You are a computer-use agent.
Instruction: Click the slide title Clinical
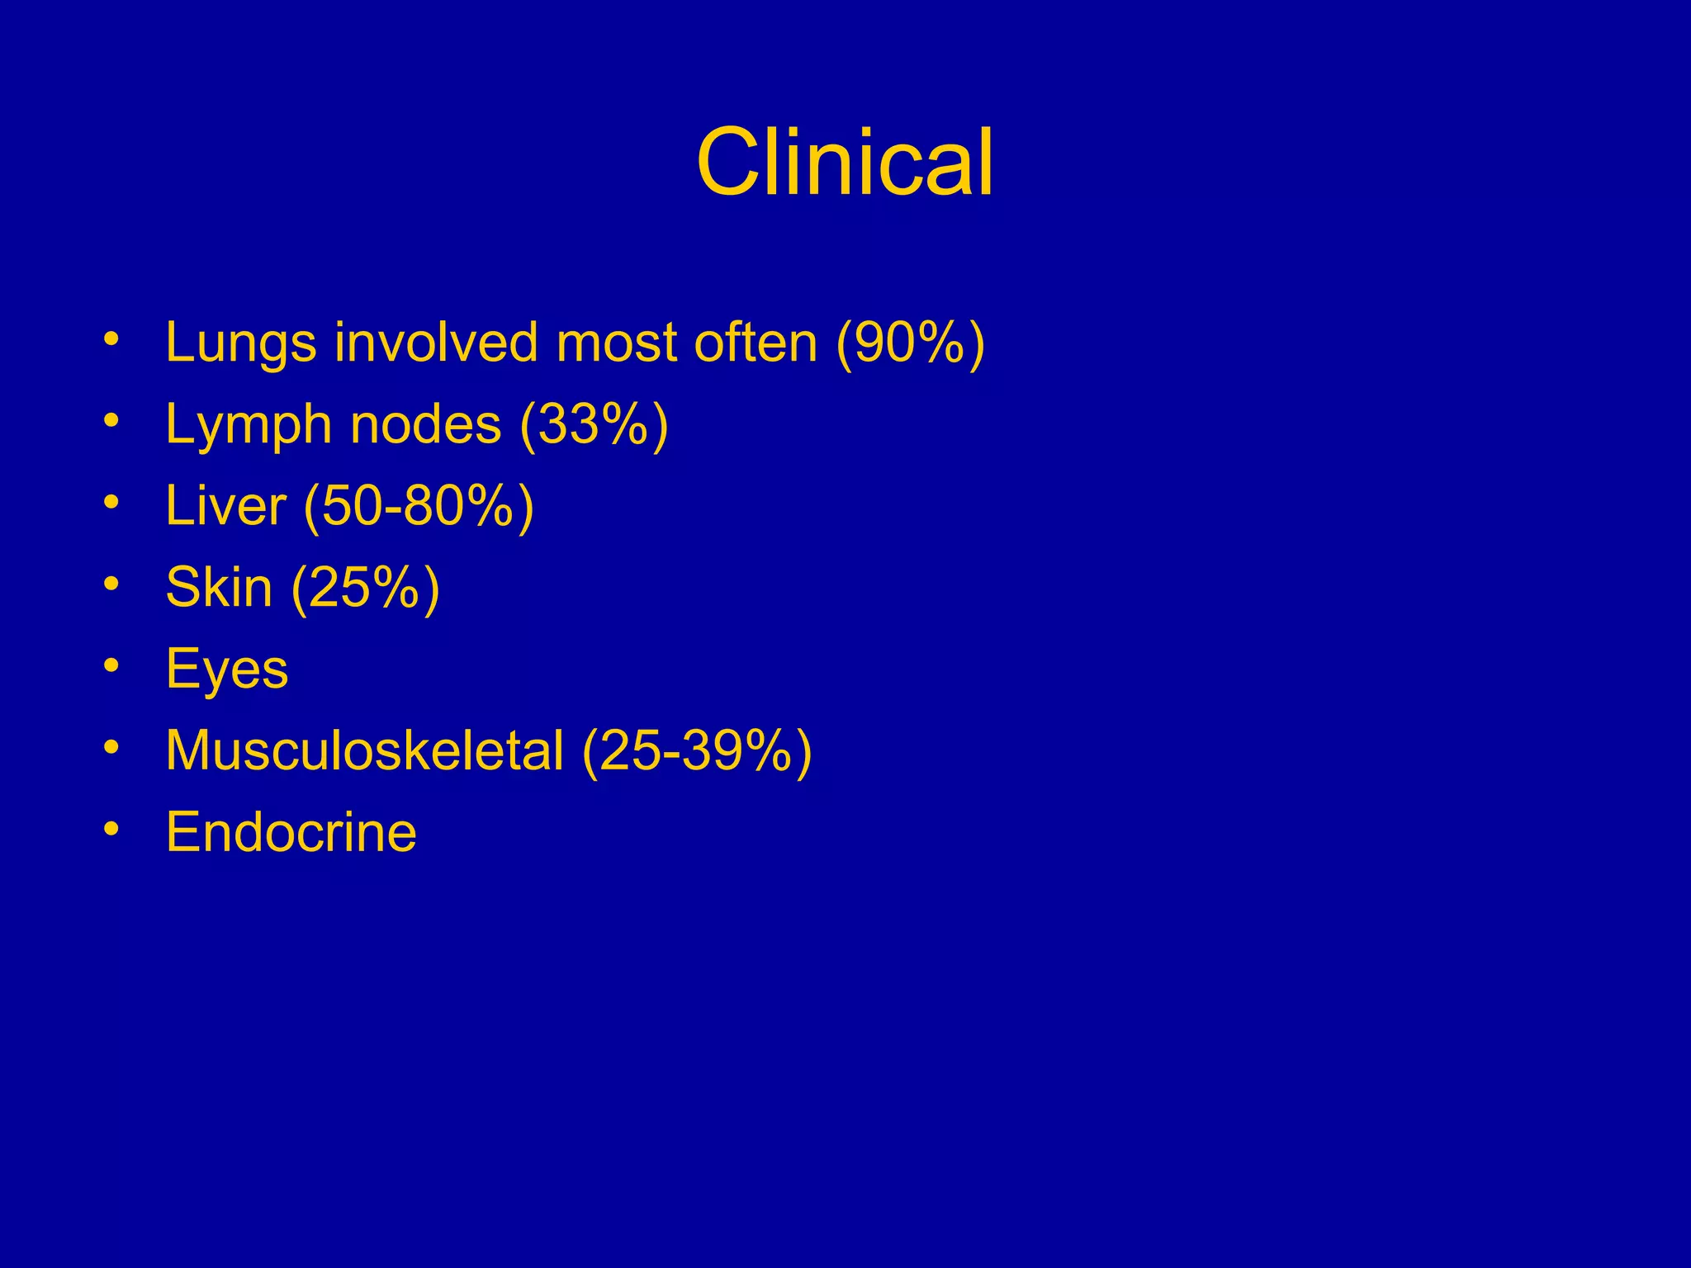click(845, 163)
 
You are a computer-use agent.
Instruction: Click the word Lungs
click(240, 343)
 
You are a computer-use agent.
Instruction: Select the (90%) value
click(910, 343)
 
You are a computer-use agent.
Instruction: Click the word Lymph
click(249, 424)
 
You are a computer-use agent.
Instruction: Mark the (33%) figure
click(594, 424)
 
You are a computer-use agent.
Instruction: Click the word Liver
click(225, 505)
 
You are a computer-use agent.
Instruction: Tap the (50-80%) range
click(419, 506)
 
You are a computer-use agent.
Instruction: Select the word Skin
click(219, 587)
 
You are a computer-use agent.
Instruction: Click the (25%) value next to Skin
click(365, 588)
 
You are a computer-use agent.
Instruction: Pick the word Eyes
click(227, 669)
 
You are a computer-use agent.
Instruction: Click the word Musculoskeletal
click(364, 750)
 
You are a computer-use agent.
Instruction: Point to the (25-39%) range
click(697, 750)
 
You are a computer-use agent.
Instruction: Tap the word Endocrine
click(291, 831)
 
